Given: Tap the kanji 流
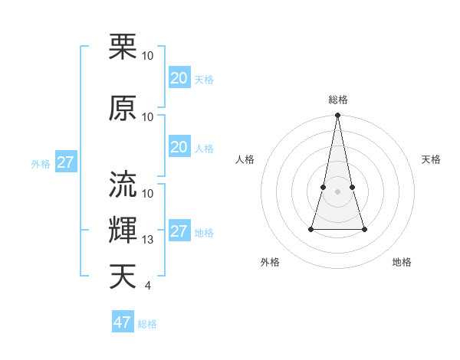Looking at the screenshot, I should pos(123,185).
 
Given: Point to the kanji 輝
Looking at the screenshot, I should pos(123,230).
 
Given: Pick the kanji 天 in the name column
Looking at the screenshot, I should pos(123,276).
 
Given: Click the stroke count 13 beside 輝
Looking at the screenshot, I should pos(148,240).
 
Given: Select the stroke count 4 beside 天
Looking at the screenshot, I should pos(147,286).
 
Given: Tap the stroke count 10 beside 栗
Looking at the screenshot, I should pos(148,56).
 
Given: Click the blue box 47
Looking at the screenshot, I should pos(123,322).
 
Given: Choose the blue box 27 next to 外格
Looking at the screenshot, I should pos(65,162).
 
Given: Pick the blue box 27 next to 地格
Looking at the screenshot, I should pos(179,232).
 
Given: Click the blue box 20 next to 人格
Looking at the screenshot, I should pos(179,147).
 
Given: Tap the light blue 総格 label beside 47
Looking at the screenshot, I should pos(147,324).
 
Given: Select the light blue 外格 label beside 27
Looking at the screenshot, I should pos(41,164).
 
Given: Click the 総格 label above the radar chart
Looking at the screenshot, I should pos(338,100).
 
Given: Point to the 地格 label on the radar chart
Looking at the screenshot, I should pos(402,262).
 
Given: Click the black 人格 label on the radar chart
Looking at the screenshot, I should pos(245,159).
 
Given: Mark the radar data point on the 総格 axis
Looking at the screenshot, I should pos(338,116).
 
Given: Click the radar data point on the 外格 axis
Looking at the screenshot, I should pos(311,229).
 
